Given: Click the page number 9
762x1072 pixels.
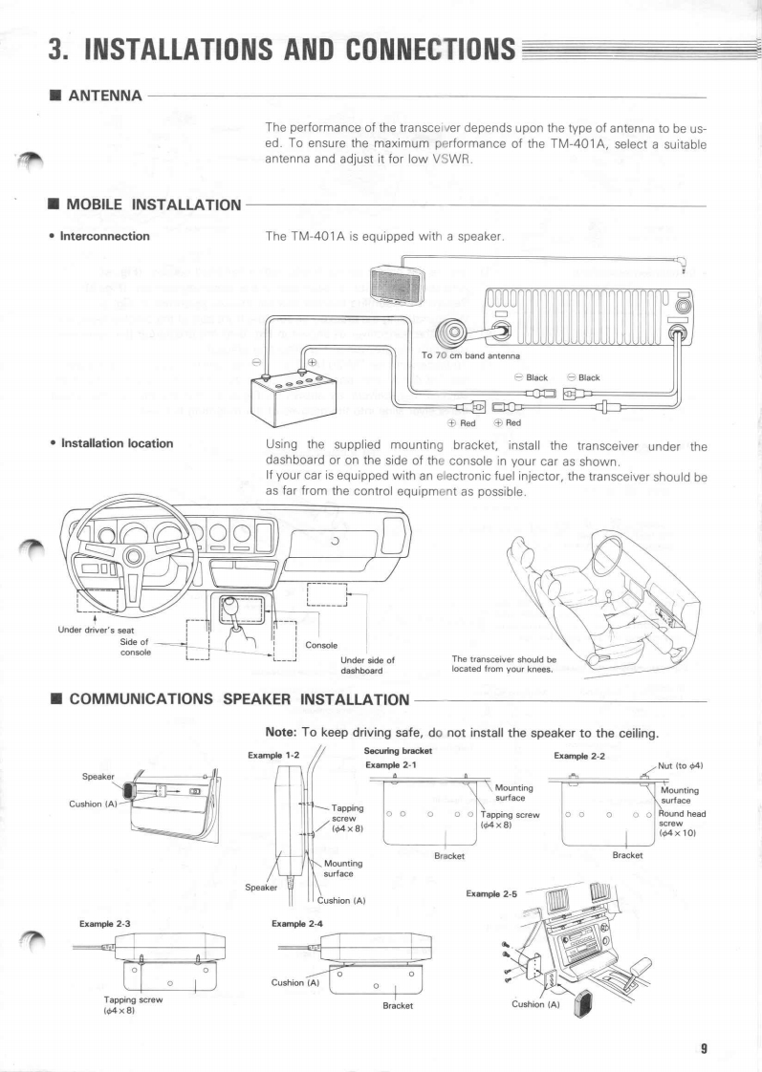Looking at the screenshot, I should pos(704,1048).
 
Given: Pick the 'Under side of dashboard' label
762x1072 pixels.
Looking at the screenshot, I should pos(367,664).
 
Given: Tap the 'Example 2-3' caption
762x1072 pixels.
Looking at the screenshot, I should pos(104,925).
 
